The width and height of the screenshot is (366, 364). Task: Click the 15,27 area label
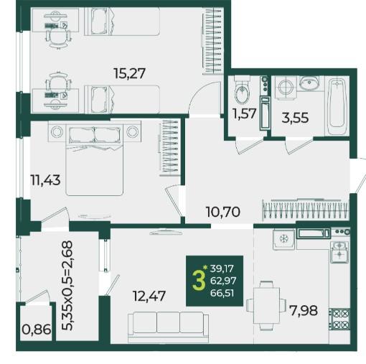(129, 73)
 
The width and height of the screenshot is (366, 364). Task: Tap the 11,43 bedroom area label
(45, 180)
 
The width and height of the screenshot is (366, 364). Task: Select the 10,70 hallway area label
(222, 212)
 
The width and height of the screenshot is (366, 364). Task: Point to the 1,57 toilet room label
(245, 113)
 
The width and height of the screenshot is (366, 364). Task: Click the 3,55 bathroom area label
(295, 118)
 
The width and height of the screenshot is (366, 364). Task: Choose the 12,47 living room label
(149, 296)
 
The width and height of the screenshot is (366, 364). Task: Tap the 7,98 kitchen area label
(304, 310)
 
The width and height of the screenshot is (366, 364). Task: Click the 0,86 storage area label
(37, 330)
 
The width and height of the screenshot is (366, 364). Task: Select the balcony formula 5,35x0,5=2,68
(67, 286)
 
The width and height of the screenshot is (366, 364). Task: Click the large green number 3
(199, 281)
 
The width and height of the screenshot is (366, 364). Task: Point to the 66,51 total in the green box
(222, 293)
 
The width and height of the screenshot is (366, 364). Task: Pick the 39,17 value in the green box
(222, 269)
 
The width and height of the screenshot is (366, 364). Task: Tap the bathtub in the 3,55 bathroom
(337, 106)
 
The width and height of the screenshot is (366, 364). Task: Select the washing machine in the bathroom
(285, 87)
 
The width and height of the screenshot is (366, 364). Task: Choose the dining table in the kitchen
(267, 306)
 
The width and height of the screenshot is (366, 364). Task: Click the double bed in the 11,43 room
(95, 159)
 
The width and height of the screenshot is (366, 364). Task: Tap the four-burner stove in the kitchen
(339, 319)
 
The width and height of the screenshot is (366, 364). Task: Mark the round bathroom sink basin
(309, 83)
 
